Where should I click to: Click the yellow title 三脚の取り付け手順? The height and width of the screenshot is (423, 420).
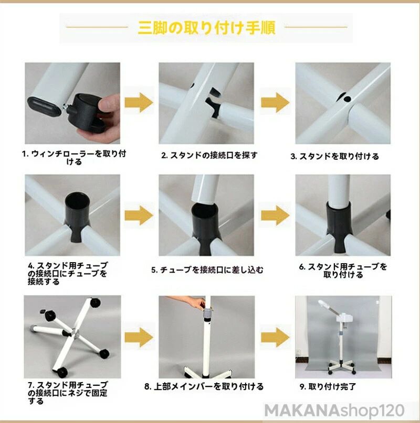point(207,27)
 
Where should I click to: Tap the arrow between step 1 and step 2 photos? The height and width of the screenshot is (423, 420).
point(139,103)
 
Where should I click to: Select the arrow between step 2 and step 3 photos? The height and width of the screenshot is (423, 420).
point(275,103)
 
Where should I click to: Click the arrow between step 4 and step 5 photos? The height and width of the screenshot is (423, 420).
point(139,215)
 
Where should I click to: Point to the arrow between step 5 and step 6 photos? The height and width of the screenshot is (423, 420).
point(275,215)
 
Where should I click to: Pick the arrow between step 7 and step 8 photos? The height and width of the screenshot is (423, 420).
point(139,338)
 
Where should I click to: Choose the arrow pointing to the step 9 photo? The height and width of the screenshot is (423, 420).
point(275,338)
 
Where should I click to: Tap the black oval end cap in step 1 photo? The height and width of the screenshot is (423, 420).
point(43,106)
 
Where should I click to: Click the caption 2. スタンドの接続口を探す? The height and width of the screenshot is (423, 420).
point(209,155)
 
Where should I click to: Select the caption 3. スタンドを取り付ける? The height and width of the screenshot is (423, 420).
point(334,156)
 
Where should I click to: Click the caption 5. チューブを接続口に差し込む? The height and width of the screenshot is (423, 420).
point(207,270)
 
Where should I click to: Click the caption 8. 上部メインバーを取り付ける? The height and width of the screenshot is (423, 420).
point(204,387)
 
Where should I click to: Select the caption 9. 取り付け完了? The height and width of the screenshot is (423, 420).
point(328,387)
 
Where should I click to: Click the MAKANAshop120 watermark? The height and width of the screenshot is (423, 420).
point(334,411)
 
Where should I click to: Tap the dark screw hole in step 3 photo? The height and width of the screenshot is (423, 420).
point(348,99)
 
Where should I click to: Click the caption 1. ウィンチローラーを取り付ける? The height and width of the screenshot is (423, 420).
point(74,158)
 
